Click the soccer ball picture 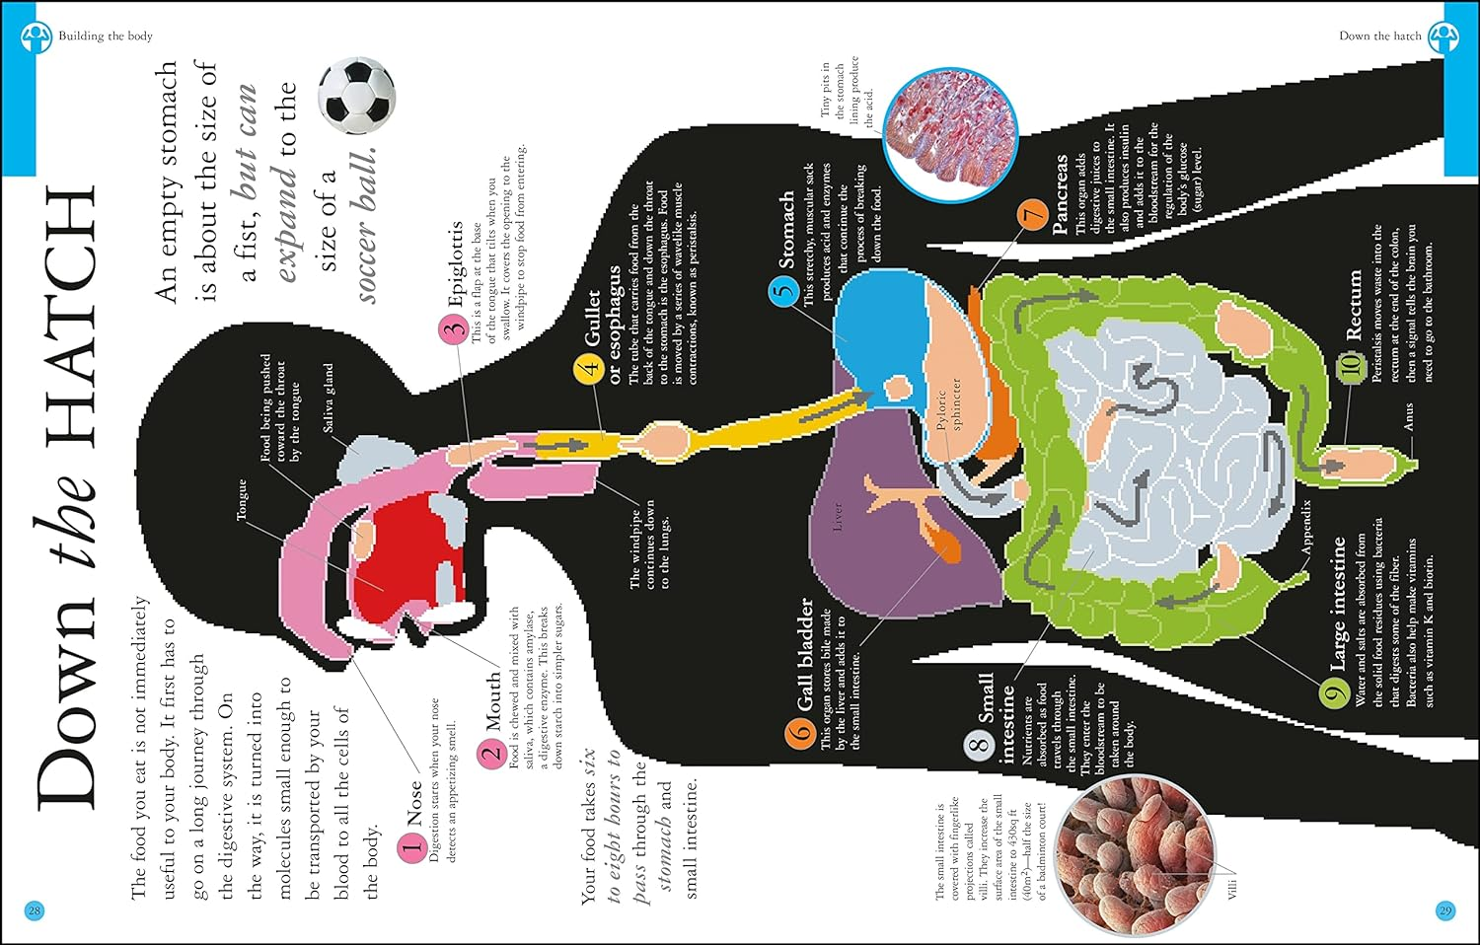(x=356, y=96)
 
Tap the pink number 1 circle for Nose (x=412, y=847)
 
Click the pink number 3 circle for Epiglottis (x=452, y=329)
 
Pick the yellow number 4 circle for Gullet (x=589, y=369)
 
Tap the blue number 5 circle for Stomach (x=784, y=291)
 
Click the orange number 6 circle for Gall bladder (x=800, y=734)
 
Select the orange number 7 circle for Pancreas (x=1032, y=216)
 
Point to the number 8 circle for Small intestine (x=979, y=744)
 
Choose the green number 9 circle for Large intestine (x=1335, y=693)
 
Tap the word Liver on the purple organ (x=838, y=516)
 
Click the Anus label (x=1408, y=415)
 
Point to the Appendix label (x=1305, y=525)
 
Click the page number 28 (x=35, y=910)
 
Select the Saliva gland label (x=329, y=398)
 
